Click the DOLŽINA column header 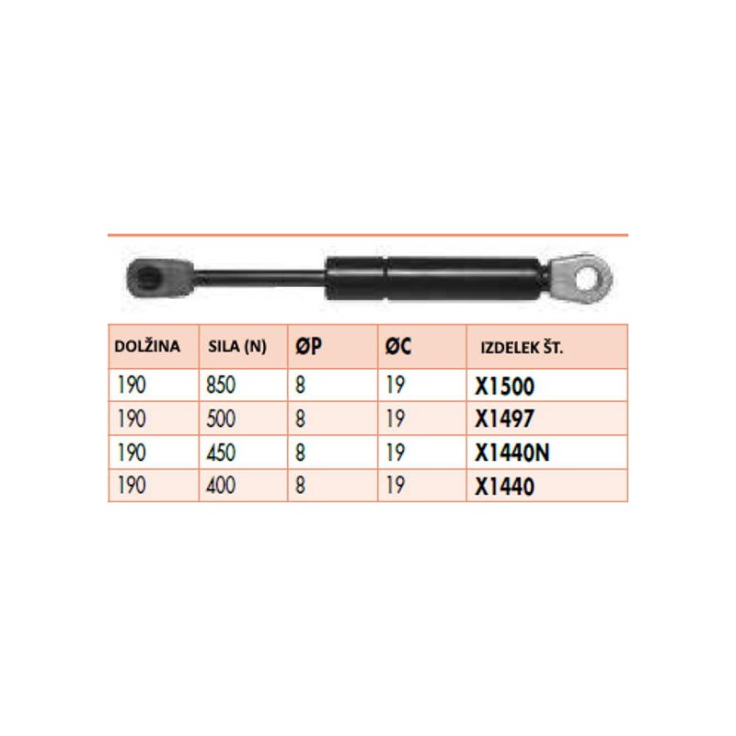click(x=147, y=346)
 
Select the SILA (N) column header click(x=237, y=347)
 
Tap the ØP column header click(x=308, y=347)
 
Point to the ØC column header click(x=398, y=347)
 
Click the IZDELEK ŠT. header click(x=522, y=348)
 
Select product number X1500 click(x=504, y=386)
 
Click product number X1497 click(x=504, y=419)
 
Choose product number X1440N click(x=512, y=453)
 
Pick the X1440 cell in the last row click(x=504, y=487)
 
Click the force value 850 click(x=221, y=385)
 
